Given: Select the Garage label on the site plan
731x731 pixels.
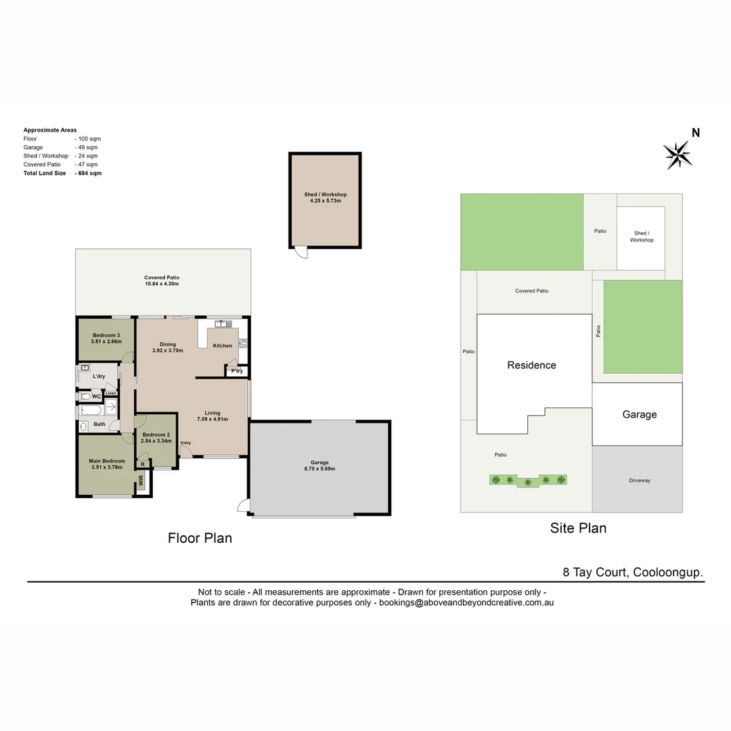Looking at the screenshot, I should [639, 414].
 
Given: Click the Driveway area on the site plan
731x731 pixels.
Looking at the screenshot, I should [639, 480].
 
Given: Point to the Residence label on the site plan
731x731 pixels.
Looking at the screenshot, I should [531, 365].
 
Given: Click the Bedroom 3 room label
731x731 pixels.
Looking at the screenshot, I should [106, 335].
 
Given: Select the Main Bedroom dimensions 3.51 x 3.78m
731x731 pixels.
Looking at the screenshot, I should [107, 468].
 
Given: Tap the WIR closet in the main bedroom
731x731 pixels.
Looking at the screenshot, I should [141, 481].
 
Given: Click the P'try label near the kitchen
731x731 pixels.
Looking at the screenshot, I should [237, 371].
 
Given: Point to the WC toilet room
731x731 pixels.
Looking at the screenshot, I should [95, 396].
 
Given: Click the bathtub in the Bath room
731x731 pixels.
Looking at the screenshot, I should [90, 409].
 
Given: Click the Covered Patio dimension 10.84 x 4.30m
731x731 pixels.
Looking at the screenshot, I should [162, 284].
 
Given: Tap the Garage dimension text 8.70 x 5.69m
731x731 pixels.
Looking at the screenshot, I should [319, 468].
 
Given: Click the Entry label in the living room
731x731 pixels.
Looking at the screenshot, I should [185, 443].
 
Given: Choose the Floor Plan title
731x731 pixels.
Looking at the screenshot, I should [200, 538].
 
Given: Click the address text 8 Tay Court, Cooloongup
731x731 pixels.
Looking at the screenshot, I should [632, 572].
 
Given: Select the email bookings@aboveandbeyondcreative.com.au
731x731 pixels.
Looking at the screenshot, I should [466, 602].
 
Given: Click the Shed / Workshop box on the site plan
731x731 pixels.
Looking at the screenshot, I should [641, 236].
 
